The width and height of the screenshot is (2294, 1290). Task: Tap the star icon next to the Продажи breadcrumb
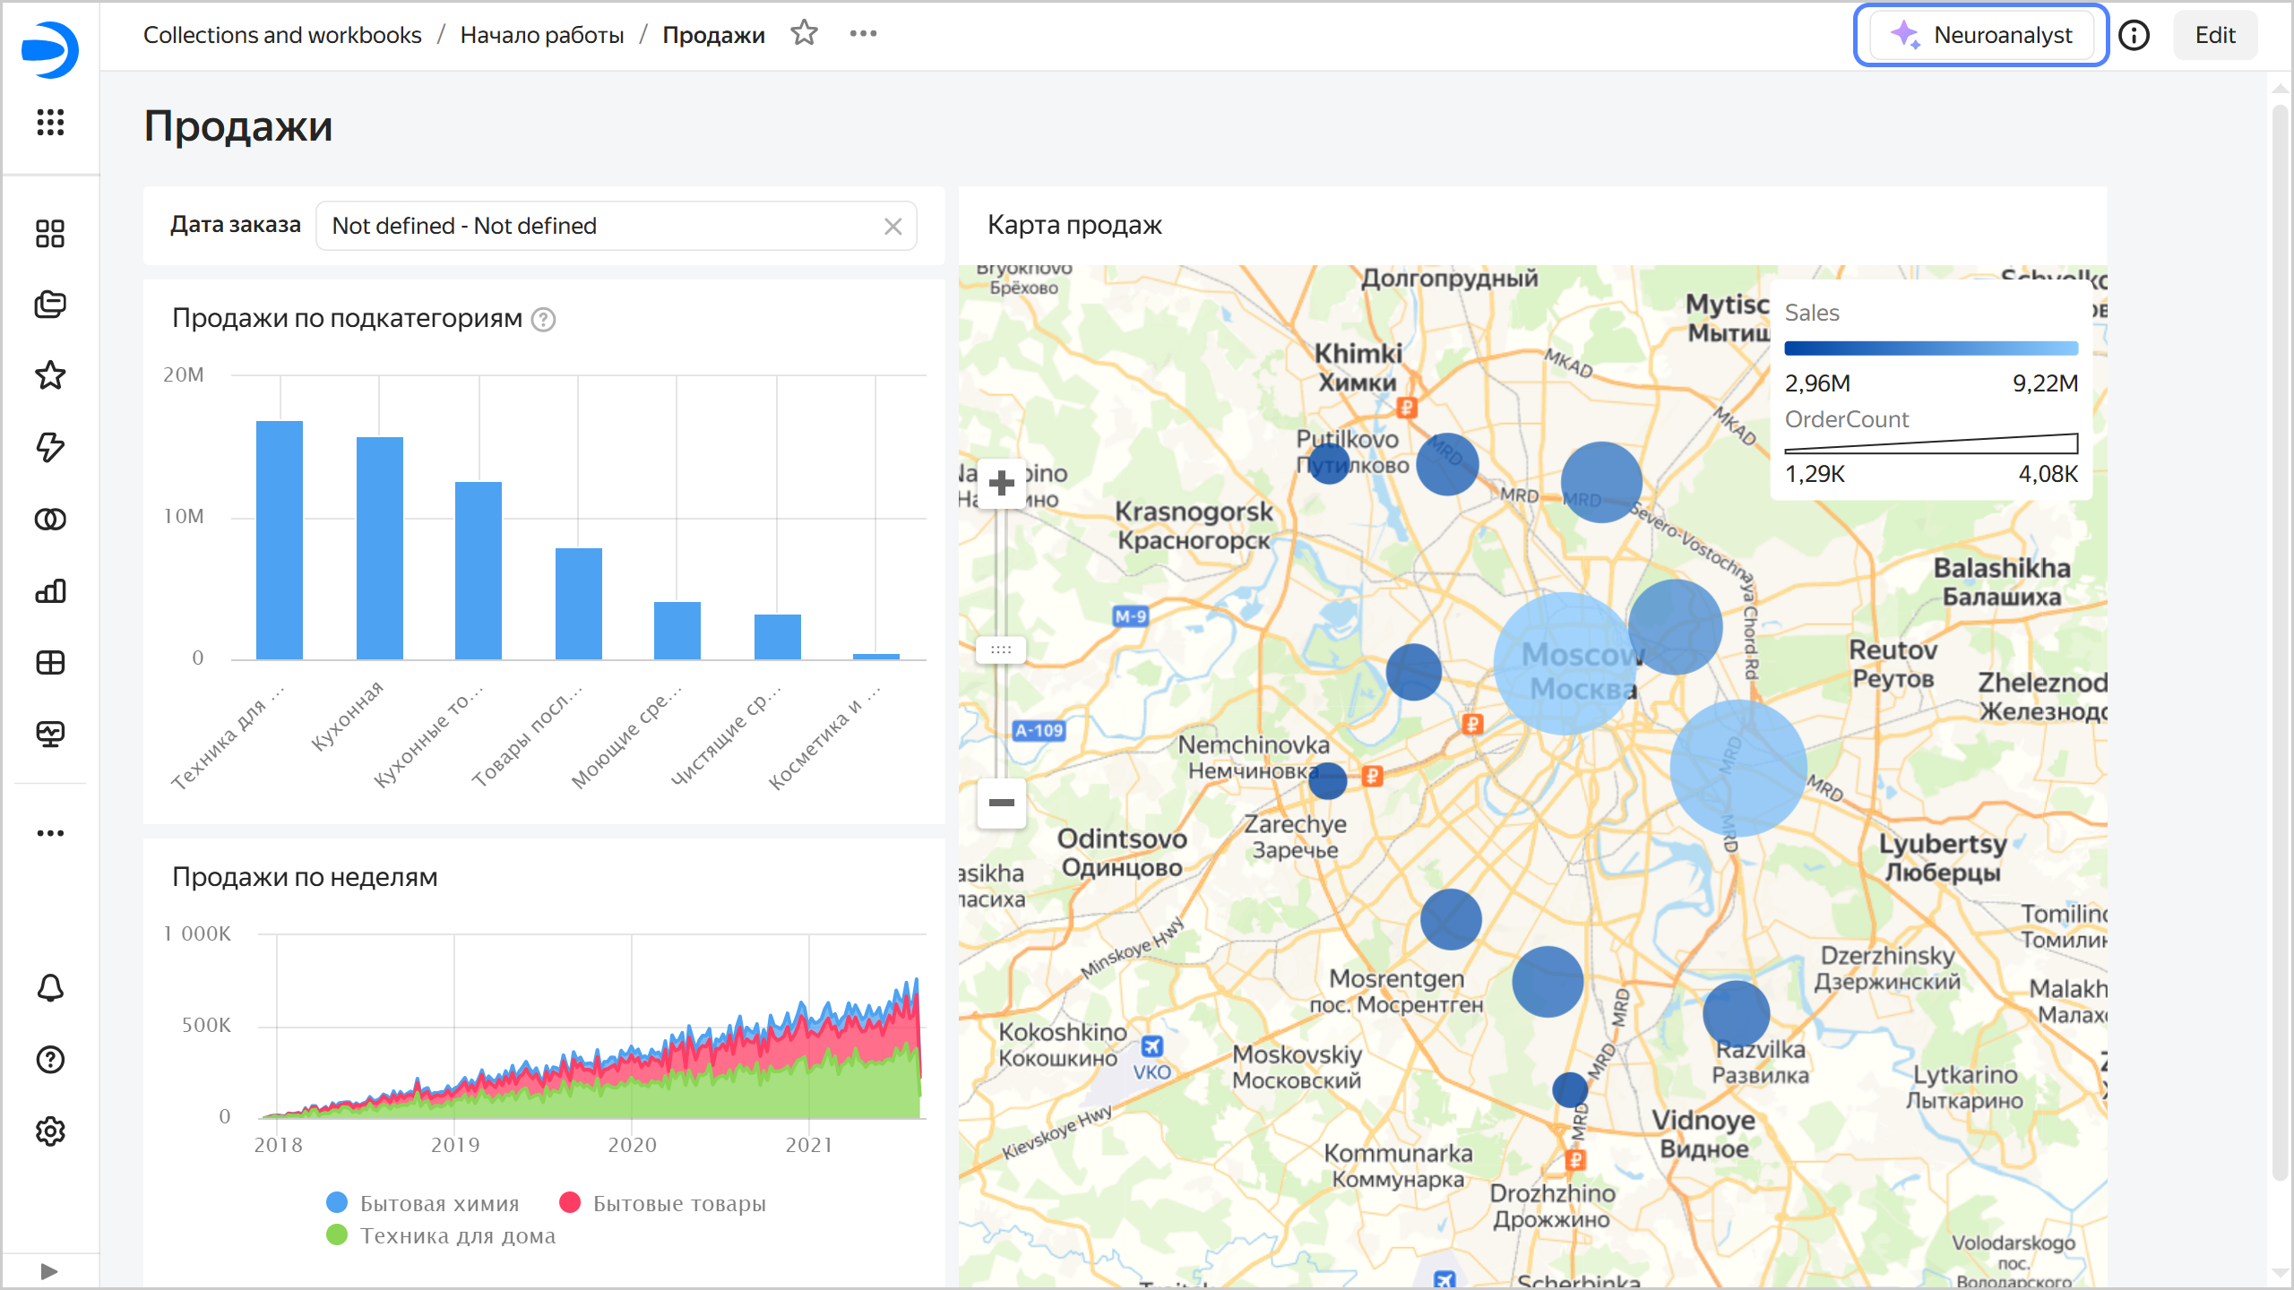click(804, 34)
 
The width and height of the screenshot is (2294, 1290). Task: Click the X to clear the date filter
click(893, 227)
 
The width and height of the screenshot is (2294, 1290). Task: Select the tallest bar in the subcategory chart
click(280, 539)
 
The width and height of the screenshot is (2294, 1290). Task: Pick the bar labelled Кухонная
click(380, 547)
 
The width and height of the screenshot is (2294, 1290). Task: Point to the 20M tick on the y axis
click(184, 375)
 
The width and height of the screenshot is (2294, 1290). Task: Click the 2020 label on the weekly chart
click(632, 1145)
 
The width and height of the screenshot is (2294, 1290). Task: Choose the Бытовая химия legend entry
click(439, 1203)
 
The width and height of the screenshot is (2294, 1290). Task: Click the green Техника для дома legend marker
click(337, 1235)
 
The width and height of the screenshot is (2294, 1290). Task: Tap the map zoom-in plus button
click(1001, 484)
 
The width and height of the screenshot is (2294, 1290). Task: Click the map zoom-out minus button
click(1001, 803)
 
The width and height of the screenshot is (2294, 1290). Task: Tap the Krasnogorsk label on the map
click(1194, 512)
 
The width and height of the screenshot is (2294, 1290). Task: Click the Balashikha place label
click(2001, 569)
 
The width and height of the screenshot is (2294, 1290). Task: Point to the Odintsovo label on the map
click(1122, 839)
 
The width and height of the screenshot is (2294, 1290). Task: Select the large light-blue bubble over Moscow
click(1564, 664)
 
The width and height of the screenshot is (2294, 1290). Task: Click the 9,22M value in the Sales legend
click(2045, 383)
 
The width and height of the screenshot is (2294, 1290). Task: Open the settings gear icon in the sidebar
click(50, 1131)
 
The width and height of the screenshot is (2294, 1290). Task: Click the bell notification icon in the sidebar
click(50, 988)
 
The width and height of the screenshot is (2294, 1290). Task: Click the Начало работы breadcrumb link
click(541, 35)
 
